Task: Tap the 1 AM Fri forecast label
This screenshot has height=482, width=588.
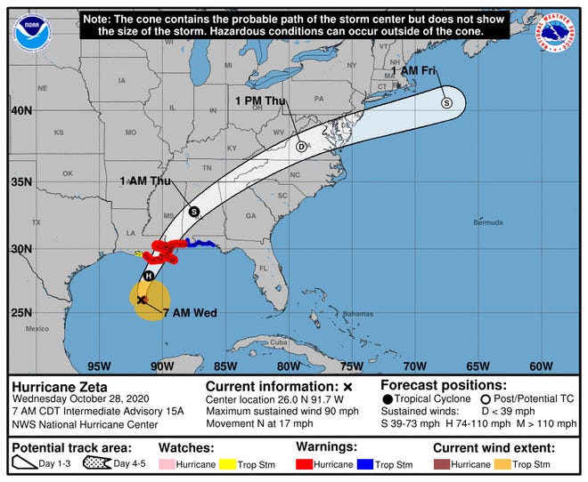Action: point(417,70)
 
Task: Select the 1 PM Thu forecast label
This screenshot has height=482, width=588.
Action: point(262,100)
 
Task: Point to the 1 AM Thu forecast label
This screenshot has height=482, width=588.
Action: point(146,181)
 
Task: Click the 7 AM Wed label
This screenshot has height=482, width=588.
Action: point(191,312)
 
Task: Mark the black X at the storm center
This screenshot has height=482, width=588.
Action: point(143,301)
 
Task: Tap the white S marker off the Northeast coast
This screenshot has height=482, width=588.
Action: point(447,103)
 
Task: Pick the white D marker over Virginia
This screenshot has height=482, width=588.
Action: point(301,146)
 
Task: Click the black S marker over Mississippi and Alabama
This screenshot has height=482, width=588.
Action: point(194,212)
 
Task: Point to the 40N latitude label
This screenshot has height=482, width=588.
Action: point(20,111)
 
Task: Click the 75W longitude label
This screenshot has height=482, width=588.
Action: point(351,366)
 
